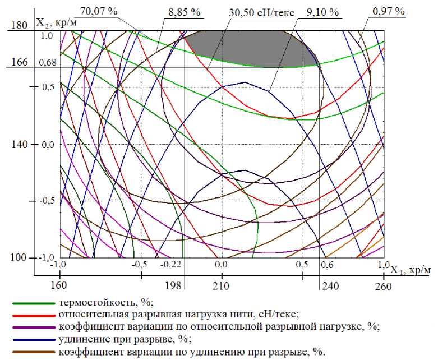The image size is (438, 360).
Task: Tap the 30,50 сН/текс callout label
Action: pyautogui.click(x=262, y=12)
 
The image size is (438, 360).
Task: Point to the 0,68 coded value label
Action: pyautogui.click(x=48, y=62)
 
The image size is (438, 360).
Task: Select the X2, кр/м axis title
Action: pyautogui.click(x=56, y=22)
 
